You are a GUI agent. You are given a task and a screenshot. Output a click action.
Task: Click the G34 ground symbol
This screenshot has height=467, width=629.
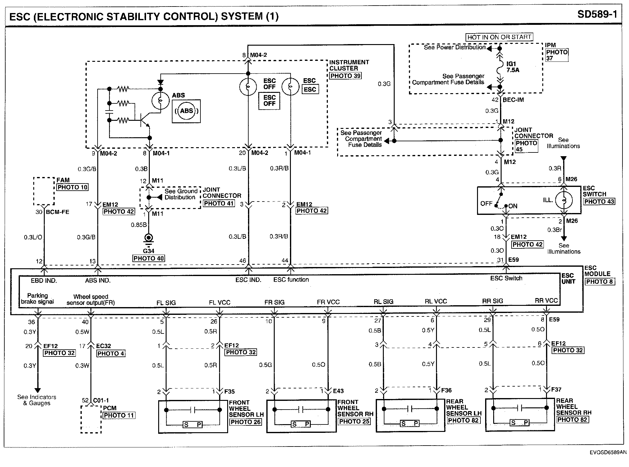pos(149,238)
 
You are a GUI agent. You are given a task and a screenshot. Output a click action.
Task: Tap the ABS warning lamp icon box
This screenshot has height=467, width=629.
pos(186,111)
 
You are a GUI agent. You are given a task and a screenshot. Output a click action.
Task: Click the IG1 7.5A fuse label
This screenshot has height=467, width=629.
pos(513,67)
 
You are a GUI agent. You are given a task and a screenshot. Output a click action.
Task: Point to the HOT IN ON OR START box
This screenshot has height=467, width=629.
pos(499,37)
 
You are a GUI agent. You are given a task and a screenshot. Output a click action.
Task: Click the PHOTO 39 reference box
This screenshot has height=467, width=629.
pos(345,76)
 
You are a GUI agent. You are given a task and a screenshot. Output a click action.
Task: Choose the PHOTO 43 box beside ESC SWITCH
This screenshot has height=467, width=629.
pos(599,202)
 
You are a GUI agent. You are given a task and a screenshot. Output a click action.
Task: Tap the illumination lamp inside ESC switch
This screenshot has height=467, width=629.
pos(563,200)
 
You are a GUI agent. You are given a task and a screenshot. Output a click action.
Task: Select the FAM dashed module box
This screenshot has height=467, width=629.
pos(44,191)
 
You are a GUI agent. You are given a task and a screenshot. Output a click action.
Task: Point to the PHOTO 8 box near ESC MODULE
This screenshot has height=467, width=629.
pos(600,282)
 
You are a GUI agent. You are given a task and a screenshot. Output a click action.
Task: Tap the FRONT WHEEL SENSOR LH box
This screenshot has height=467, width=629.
pos(193,416)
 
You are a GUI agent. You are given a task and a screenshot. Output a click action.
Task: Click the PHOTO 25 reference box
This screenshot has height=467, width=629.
pos(354,422)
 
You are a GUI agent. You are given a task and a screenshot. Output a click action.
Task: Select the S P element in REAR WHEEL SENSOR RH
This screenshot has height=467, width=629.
pos(520,423)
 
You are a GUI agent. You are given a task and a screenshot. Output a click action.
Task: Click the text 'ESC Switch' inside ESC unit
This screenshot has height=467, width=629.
pos(506,279)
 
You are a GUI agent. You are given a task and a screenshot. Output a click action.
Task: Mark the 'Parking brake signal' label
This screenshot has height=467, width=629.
pos(37,298)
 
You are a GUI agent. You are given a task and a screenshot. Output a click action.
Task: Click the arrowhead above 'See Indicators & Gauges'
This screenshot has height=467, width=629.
pos(37,390)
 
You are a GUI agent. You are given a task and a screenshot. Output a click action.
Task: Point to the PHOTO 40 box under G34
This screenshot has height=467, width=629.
pos(149,258)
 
